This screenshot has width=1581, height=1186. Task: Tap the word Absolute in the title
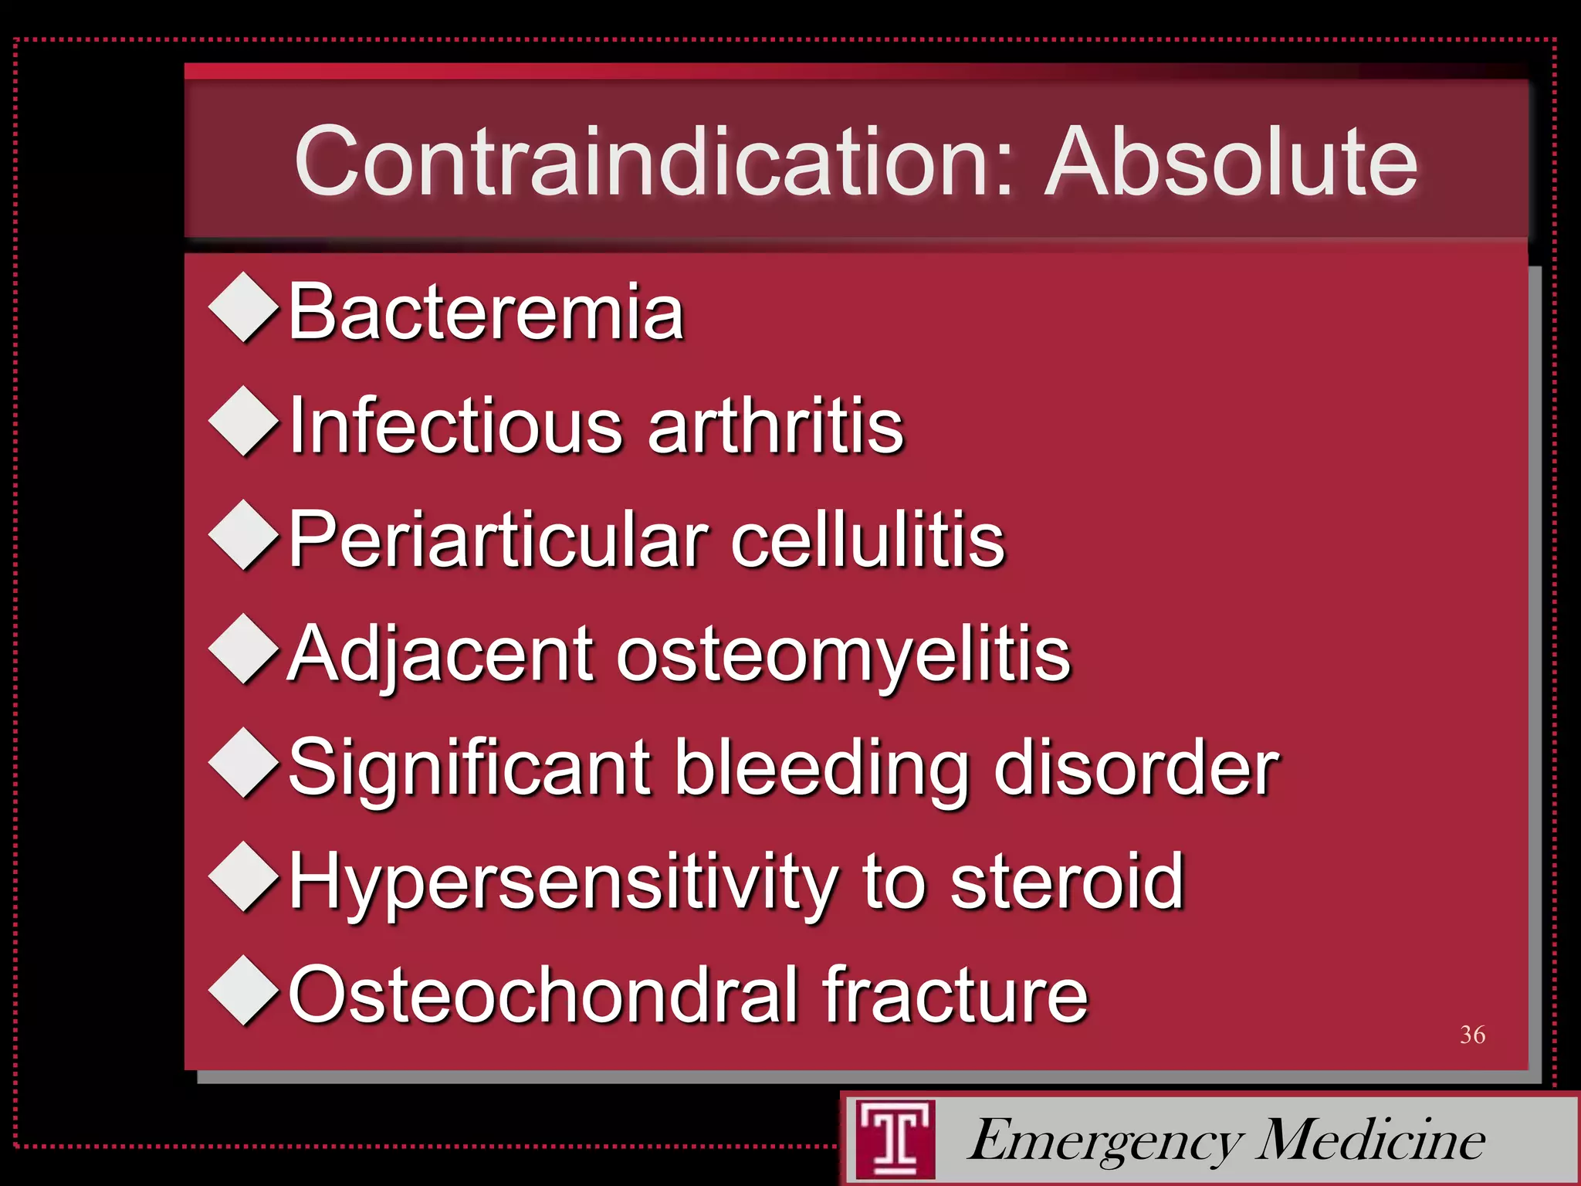click(x=1231, y=162)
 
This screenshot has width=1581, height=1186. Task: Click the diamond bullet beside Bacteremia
click(x=244, y=307)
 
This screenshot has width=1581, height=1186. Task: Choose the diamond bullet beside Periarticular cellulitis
click(x=244, y=534)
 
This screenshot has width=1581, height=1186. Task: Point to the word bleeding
click(x=821, y=768)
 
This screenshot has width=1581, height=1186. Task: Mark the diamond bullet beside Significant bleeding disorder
click(x=244, y=762)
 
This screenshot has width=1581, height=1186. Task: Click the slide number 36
click(x=1472, y=1035)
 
